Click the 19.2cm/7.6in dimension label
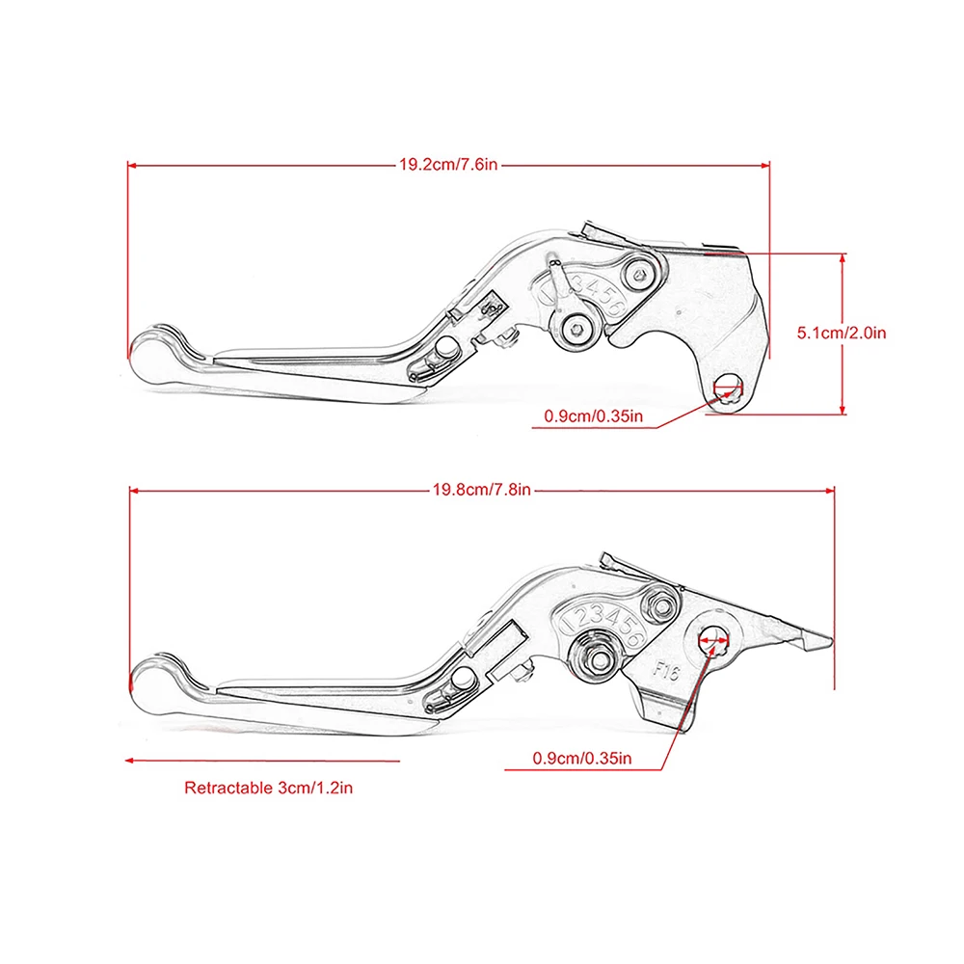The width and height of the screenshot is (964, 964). pos(448,165)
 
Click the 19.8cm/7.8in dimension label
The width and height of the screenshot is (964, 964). pos(481,490)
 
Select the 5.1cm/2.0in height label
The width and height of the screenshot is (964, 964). pos(841,334)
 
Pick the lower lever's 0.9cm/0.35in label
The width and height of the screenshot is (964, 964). pos(582,758)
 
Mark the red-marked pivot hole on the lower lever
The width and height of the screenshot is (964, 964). pos(714,637)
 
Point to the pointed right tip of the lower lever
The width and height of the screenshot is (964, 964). pos(827,639)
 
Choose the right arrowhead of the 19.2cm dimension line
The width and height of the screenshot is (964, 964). pos(767,165)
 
